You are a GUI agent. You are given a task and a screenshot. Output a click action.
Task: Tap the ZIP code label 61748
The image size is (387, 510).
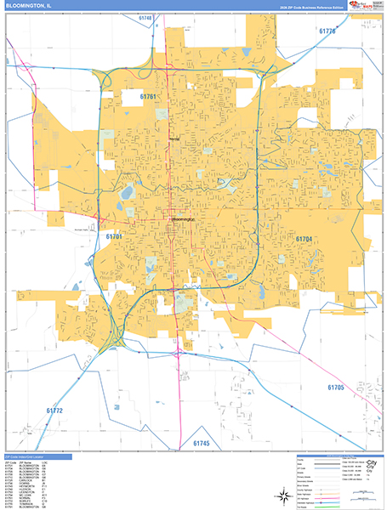click(x=145, y=18)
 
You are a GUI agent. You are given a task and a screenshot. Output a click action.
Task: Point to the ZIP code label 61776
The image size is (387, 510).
click(x=327, y=31)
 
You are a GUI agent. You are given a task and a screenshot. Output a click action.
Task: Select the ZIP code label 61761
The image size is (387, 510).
click(x=149, y=97)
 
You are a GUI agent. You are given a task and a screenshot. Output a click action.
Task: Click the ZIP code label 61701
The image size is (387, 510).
click(x=115, y=235)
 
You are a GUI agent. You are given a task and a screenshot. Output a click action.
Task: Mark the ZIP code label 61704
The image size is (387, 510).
click(x=306, y=240)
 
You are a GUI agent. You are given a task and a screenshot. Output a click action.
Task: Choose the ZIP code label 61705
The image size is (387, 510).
click(x=335, y=387)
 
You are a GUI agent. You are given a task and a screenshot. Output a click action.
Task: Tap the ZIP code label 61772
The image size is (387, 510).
click(x=54, y=411)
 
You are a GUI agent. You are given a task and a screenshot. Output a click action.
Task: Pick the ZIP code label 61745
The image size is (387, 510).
click(x=201, y=443)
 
